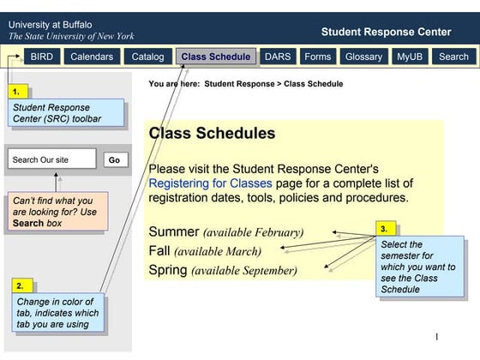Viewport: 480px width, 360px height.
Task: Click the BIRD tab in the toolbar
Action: (41, 57)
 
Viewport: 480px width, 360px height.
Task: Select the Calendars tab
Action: (91, 57)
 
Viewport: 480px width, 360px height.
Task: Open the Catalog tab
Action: (147, 57)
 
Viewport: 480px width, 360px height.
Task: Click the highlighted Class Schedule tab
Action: (216, 57)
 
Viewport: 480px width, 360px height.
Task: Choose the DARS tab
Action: (278, 57)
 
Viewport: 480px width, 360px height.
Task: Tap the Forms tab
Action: (317, 57)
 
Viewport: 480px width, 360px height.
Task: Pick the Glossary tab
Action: (363, 57)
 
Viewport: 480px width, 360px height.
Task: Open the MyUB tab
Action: (410, 57)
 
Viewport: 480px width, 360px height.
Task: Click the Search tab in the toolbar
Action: (453, 57)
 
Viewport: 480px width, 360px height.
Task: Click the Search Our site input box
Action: (51, 159)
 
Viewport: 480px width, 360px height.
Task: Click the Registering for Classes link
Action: (210, 183)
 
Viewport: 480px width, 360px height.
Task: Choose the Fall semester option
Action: (159, 251)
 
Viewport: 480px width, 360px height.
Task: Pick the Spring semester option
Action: (168, 270)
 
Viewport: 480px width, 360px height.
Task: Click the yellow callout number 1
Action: (16, 90)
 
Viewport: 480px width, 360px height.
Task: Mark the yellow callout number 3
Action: (385, 229)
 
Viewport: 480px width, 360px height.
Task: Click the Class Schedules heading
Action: (212, 134)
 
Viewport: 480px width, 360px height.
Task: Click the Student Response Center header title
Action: (386, 32)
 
